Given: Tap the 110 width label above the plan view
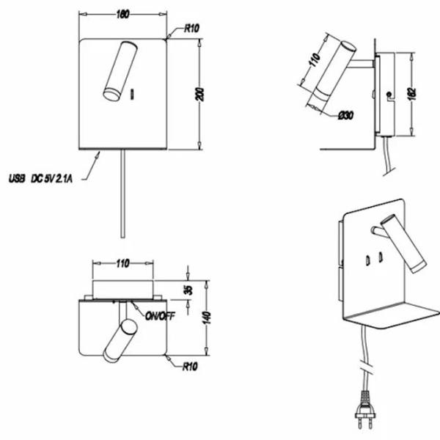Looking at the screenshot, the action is (122, 261).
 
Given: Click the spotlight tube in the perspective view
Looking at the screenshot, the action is (405, 246).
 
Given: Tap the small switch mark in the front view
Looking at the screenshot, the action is (133, 92).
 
